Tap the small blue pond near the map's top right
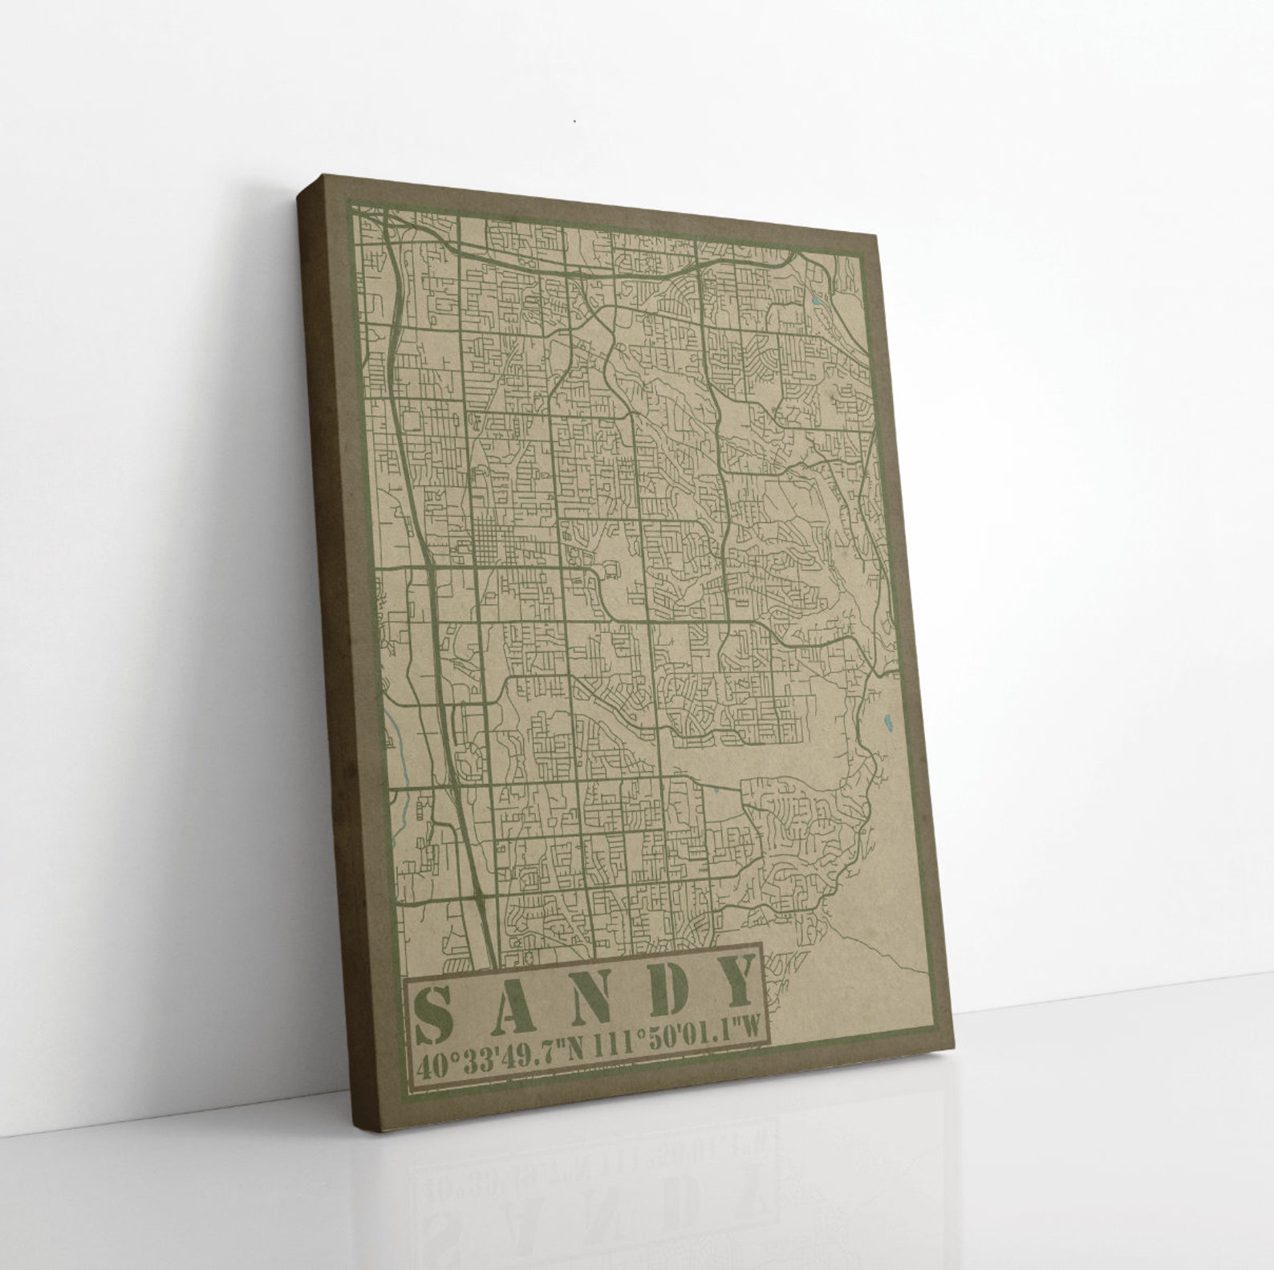815,302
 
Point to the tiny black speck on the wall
574,122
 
